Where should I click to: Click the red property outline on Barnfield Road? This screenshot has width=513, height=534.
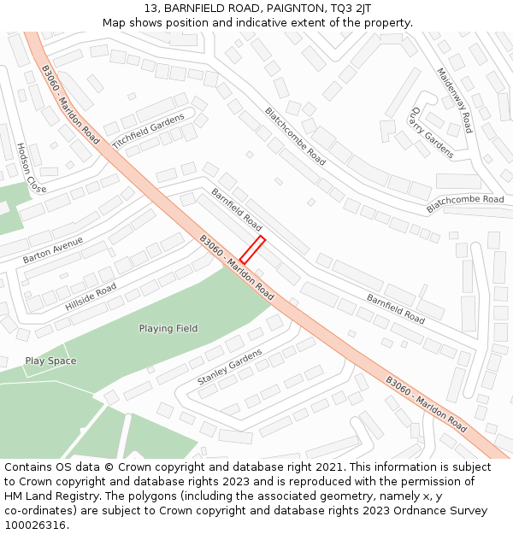252,249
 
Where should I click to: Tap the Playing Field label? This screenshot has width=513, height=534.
168,328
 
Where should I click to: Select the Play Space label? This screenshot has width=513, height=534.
50,361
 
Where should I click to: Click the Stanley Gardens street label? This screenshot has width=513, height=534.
230,367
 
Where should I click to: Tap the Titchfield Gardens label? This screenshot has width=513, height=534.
148,134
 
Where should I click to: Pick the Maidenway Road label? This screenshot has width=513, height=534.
454,100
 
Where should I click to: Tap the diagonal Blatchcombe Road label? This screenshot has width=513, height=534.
295,136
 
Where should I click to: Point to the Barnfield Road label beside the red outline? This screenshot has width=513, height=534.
237,209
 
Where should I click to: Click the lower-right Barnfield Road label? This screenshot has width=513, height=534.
396,308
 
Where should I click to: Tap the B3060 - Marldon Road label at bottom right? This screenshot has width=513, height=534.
426,404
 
